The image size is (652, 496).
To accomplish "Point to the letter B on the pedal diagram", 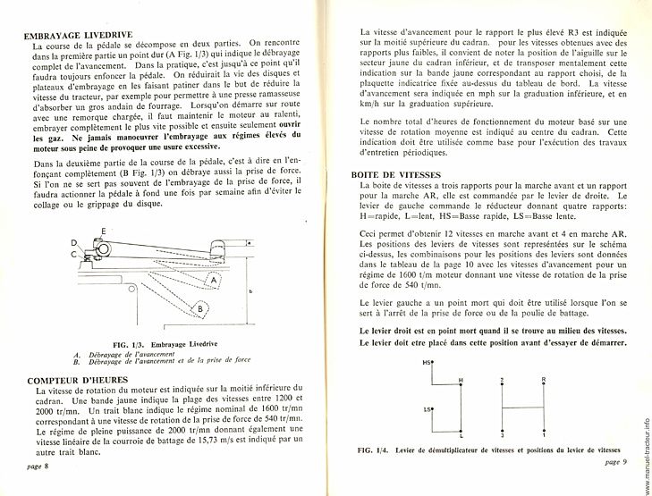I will [x=202, y=309].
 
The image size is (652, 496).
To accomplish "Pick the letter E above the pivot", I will [x=103, y=231].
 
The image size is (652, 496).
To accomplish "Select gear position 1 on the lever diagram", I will [x=543, y=434].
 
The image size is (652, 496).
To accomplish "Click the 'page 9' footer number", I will [x=617, y=461].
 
